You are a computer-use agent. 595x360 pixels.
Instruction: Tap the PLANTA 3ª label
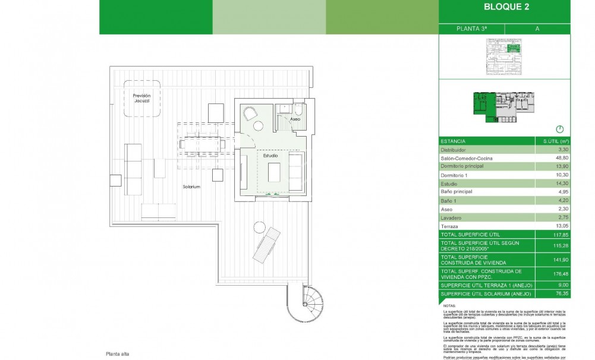coord(471,28)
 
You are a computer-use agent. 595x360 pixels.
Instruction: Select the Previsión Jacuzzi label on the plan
coord(141,99)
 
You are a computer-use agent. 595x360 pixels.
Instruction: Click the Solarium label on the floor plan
coord(191,187)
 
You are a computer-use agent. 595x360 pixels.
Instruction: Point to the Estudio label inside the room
coord(271,155)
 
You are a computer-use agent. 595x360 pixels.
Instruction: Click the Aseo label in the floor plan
coord(295,119)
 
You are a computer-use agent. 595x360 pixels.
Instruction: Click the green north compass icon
coord(559,129)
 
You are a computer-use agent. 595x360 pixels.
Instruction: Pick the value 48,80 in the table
coord(560,159)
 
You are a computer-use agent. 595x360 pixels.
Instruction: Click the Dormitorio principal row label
coord(462,167)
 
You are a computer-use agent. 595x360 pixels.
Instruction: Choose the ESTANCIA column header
coord(453,141)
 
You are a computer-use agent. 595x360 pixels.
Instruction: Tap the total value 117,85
coord(559,234)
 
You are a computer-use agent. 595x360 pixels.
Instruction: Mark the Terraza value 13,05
coord(560,226)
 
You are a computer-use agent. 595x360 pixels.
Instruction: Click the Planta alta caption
coord(117,353)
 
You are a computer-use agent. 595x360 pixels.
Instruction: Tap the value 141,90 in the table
coord(559,259)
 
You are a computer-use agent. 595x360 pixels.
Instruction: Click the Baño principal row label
coord(457,192)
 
